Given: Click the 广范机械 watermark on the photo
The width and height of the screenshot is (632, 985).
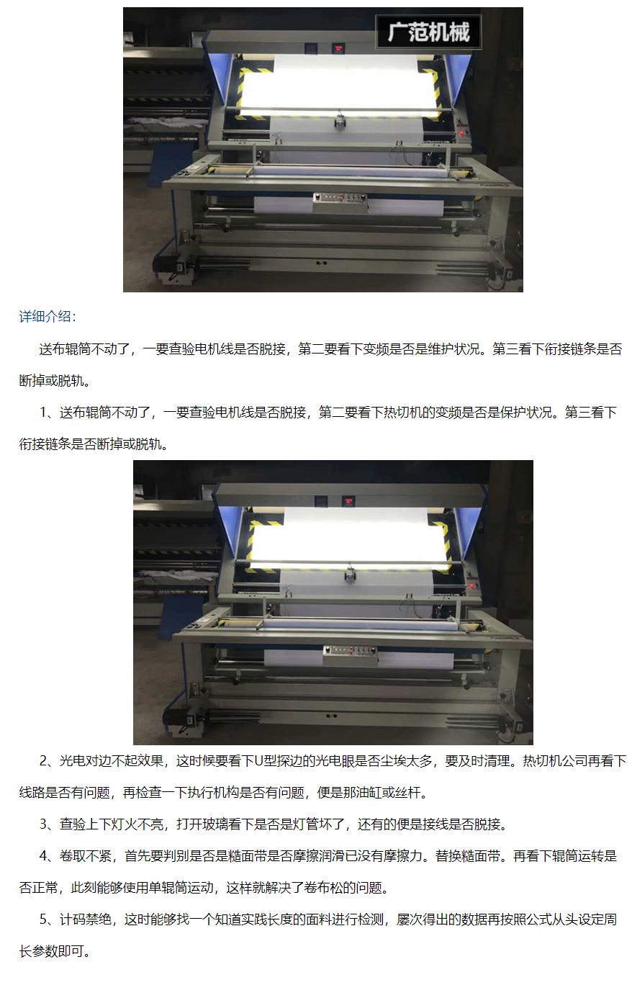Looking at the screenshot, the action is (x=428, y=32).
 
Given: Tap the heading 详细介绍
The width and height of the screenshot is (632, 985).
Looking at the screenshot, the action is (x=48, y=317).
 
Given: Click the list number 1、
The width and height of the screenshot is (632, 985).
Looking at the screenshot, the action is (x=50, y=413).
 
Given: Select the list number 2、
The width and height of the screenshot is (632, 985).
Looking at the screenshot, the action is (x=50, y=761).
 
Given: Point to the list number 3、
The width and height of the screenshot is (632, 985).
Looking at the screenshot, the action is (x=50, y=824).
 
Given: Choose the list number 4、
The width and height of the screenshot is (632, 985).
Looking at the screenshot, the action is (x=50, y=855).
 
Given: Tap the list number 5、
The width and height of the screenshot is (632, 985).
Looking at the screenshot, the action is (x=50, y=919).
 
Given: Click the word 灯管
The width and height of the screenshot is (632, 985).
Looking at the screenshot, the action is (x=306, y=824).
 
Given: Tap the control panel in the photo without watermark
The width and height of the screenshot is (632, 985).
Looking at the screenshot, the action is (x=351, y=656).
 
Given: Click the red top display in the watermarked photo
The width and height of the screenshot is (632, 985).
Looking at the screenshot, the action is (x=338, y=48).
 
